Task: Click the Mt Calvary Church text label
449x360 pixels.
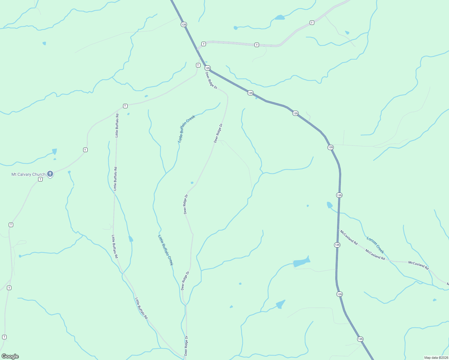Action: coord(28,174)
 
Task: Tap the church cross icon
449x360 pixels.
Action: coord(50,174)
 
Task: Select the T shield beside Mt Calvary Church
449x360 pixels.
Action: coord(41,179)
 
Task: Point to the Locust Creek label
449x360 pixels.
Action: coord(375,245)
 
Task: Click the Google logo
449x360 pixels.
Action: coord(10,356)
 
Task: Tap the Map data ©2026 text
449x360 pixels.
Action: coord(436,358)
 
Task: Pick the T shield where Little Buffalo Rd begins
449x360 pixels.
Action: coord(125,106)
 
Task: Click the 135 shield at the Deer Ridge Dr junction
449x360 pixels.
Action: coord(208,68)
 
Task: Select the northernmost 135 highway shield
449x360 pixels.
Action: coord(184,24)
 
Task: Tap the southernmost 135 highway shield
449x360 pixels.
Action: coord(360,339)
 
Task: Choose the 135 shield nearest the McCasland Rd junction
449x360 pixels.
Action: coord(337,245)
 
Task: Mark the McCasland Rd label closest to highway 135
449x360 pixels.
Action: coord(349,237)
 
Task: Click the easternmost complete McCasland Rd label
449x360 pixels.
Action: coord(418,265)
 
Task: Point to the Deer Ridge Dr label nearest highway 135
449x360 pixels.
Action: coord(211,80)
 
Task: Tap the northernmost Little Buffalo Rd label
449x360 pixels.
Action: coord(117,125)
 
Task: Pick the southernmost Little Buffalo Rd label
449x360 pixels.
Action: coord(141,308)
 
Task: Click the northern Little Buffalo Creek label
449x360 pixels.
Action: coord(186,128)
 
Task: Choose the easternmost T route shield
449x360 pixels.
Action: coord(312,23)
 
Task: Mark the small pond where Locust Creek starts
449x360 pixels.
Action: coord(330,205)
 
